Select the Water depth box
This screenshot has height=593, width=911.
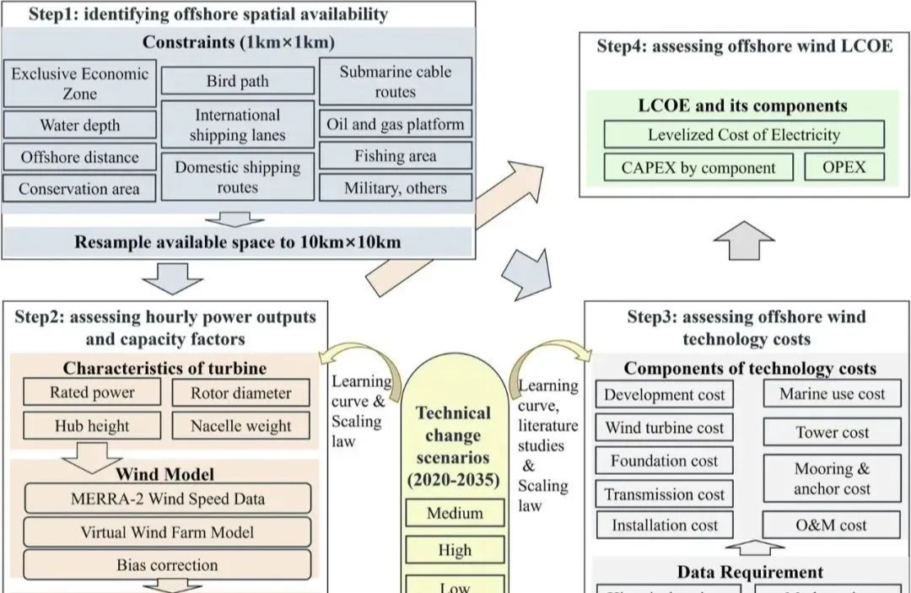(80, 126)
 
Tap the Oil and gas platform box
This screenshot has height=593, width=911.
(396, 124)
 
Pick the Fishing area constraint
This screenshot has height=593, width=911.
(396, 156)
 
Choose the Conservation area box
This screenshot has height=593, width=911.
(79, 188)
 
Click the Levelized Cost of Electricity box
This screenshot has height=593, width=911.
(744, 134)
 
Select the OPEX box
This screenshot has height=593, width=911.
(844, 166)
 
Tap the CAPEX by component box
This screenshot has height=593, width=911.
(698, 167)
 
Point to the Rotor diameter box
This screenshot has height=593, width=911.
(240, 392)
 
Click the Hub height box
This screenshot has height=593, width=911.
(92, 425)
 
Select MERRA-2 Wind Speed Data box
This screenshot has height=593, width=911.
(167, 499)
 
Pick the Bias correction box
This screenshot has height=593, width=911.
(167, 564)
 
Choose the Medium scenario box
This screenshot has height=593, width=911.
(455, 513)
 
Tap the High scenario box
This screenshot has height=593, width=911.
(455, 550)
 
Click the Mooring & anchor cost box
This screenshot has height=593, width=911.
(831, 478)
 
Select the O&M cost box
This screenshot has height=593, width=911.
(831, 525)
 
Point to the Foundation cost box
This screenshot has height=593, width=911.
(665, 461)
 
